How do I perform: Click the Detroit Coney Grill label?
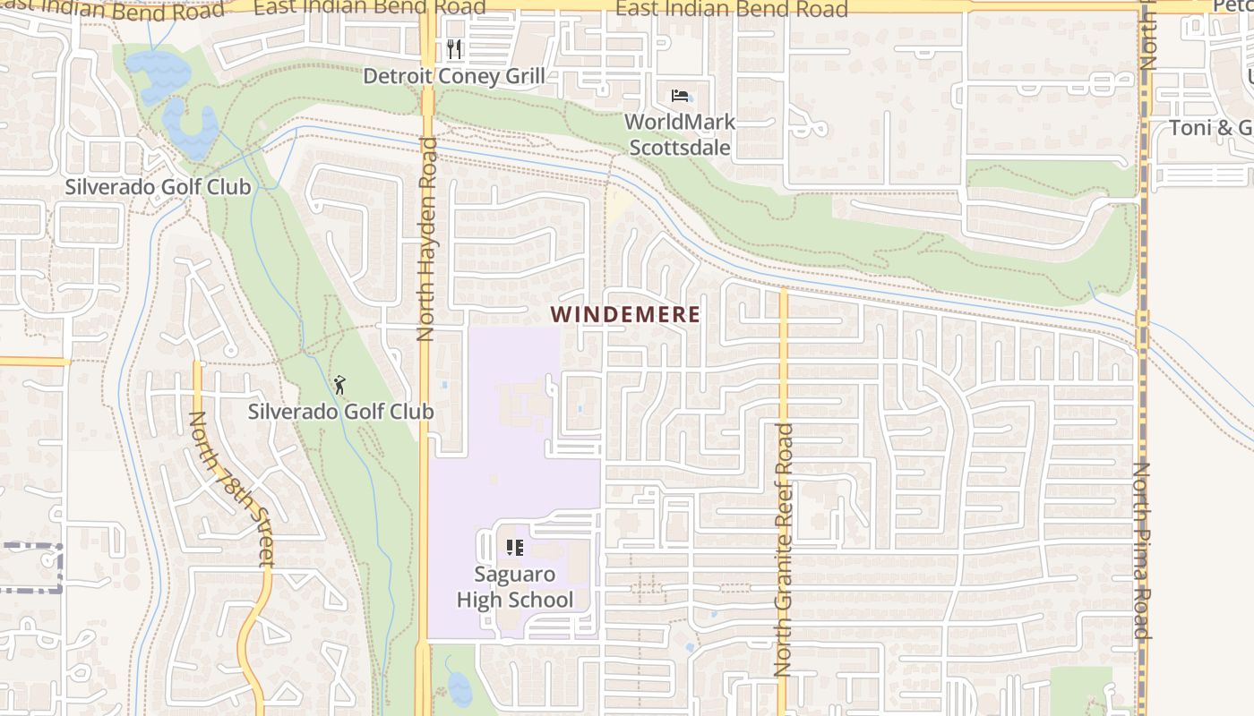click(453, 76)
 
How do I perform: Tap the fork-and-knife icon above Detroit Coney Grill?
click(454, 48)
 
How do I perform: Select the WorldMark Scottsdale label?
click(680, 134)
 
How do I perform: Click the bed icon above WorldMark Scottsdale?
click(680, 96)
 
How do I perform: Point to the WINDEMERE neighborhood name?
click(625, 314)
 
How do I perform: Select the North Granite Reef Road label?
click(784, 550)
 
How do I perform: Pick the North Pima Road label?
click(1141, 550)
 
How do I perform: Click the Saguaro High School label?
click(514, 587)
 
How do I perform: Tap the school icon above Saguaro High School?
click(514, 547)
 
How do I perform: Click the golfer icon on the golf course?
click(339, 386)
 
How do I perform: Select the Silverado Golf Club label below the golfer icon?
click(340, 412)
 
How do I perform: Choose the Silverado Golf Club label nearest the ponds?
click(158, 187)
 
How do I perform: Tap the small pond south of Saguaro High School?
click(459, 688)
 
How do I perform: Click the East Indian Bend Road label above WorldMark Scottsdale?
click(732, 10)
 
